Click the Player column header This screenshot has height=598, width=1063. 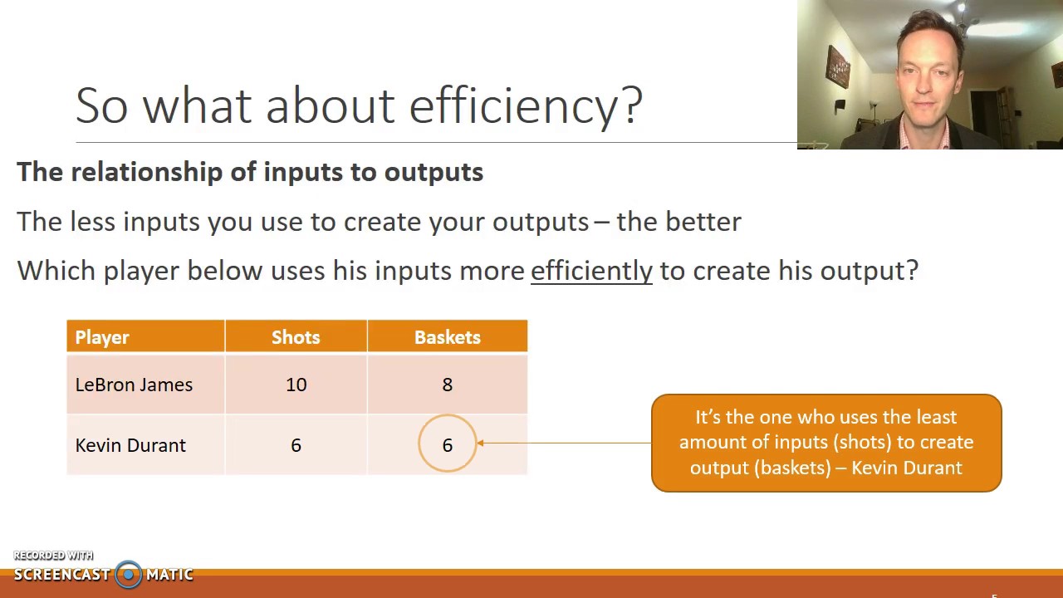tap(102, 337)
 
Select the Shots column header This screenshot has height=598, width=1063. tap(296, 337)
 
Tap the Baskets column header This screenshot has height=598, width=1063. tap(447, 337)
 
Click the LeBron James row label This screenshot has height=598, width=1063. tap(134, 385)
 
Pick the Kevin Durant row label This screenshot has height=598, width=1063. tap(130, 445)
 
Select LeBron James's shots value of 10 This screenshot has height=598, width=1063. tap(296, 385)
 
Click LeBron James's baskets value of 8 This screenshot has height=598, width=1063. tap(447, 385)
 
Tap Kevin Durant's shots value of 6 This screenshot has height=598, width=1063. tap(296, 445)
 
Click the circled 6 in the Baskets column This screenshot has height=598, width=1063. tap(447, 445)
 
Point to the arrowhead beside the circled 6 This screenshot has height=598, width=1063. tap(481, 443)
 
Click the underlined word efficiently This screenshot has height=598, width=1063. tap(591, 271)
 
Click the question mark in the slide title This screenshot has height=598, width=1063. tap(631, 106)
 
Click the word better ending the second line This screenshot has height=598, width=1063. tap(703, 222)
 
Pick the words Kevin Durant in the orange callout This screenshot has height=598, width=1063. tap(906, 468)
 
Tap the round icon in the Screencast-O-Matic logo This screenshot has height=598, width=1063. tap(128, 574)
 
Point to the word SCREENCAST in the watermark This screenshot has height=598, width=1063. tap(61, 575)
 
